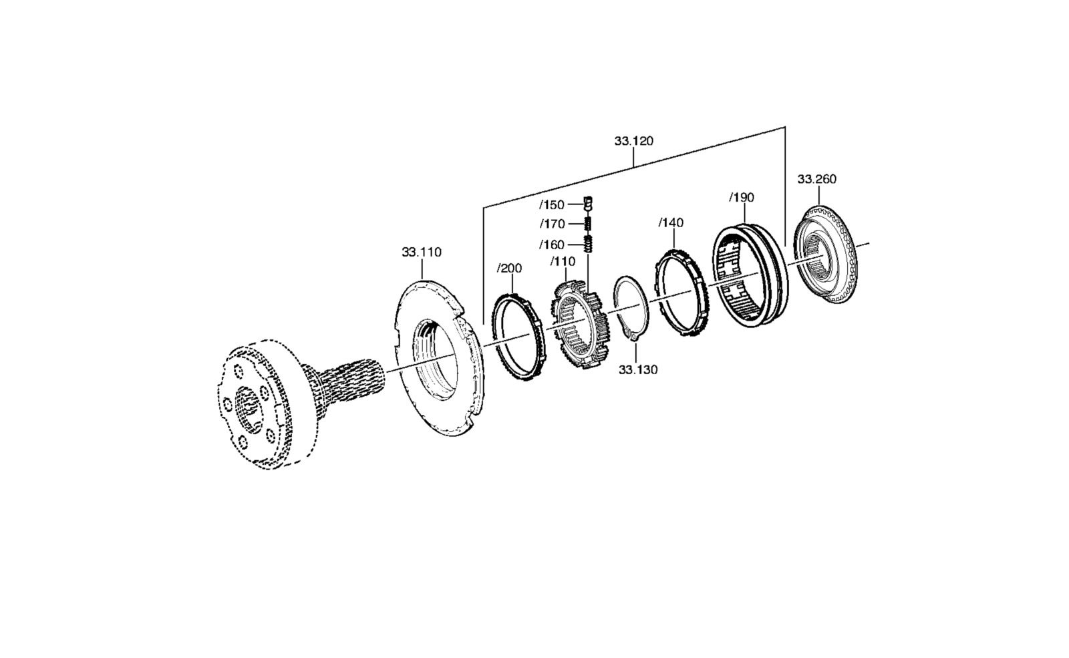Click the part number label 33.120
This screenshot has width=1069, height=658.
(x=634, y=141)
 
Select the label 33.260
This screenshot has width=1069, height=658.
(x=817, y=180)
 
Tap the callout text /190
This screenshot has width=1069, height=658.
(x=742, y=198)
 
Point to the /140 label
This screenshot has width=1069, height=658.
(x=671, y=223)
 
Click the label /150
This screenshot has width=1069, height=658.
(x=552, y=205)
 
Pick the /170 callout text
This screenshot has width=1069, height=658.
(x=552, y=224)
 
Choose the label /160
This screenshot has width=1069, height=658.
(x=552, y=245)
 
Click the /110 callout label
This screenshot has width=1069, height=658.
(x=563, y=262)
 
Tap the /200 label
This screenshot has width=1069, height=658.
(x=510, y=269)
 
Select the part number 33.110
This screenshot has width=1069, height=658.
(x=422, y=253)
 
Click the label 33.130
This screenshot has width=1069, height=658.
(x=638, y=370)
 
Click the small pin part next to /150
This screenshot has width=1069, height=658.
(x=588, y=203)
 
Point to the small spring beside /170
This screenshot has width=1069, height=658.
(x=588, y=223)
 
